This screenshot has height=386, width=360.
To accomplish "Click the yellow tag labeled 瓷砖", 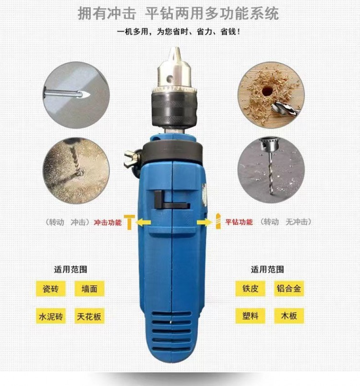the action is [51, 289].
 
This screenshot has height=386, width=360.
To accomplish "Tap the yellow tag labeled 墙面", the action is [89, 289].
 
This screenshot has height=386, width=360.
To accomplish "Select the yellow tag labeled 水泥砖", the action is [51, 316].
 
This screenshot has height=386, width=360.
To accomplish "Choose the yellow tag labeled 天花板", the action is [89, 316].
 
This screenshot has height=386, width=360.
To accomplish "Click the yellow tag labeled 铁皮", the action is [250, 288].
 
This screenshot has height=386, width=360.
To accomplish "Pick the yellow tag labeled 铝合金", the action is [289, 288].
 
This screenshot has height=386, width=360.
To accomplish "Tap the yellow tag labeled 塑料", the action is [250, 316].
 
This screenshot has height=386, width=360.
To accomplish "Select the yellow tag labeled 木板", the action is [289, 316].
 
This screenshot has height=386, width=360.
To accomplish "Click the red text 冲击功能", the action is [108, 222].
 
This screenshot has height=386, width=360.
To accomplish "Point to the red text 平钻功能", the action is [239, 222].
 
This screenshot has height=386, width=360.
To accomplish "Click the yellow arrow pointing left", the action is [143, 222].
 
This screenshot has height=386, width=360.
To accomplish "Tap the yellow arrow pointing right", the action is [204, 222].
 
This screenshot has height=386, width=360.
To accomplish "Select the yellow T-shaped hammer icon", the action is [130, 222].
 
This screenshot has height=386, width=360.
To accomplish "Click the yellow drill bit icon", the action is [218, 222].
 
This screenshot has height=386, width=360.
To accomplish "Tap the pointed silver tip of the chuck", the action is [175, 47].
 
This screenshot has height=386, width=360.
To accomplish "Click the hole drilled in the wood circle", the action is [267, 91].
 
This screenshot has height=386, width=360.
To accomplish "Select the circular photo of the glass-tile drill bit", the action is [76, 95].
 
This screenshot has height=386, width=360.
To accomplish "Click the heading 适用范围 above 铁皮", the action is [267, 269].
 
